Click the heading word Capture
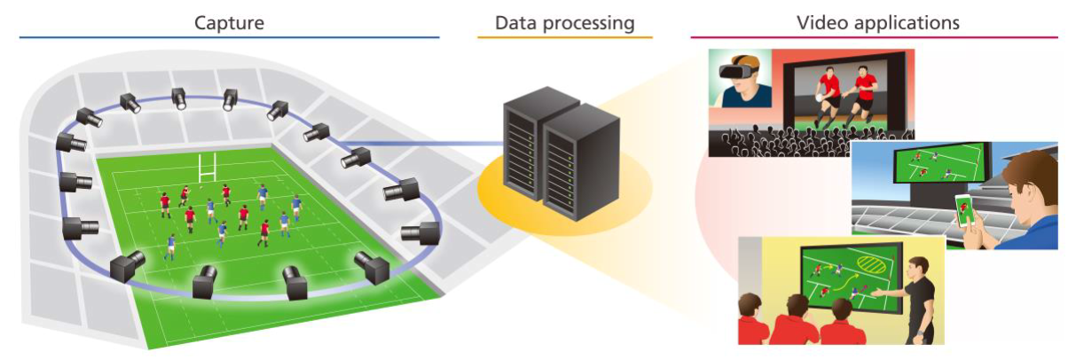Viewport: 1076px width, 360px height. [x=230, y=22]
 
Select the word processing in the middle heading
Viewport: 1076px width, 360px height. [x=592, y=22]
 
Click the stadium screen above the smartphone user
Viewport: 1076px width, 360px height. [x=935, y=165]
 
